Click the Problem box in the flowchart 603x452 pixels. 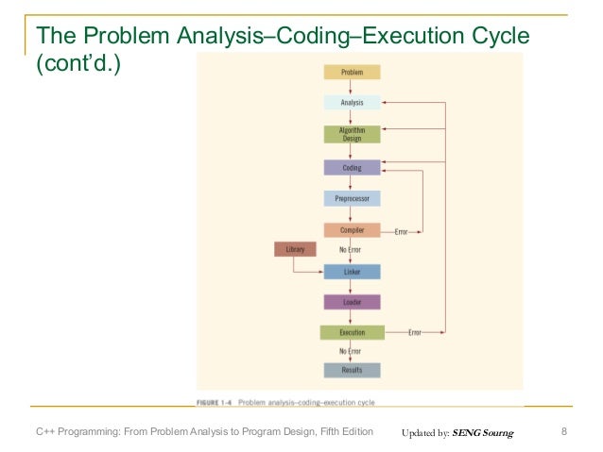[352, 72]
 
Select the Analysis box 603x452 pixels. [352, 102]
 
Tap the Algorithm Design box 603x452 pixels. [352, 134]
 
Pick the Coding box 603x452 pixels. [352, 168]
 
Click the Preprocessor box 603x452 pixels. [352, 199]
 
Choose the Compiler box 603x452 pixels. [352, 230]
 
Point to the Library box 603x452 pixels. [294, 249]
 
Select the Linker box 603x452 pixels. [352, 272]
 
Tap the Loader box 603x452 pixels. [352, 302]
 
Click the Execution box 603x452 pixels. [352, 332]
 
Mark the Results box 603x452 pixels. [352, 370]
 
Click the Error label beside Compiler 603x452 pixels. [401, 231]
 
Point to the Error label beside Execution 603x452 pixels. [415, 333]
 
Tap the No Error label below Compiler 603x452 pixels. [351, 249]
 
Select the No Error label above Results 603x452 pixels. [351, 351]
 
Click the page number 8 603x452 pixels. [563, 432]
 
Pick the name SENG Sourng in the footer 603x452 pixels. [483, 433]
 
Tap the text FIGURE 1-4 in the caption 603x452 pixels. [215, 402]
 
